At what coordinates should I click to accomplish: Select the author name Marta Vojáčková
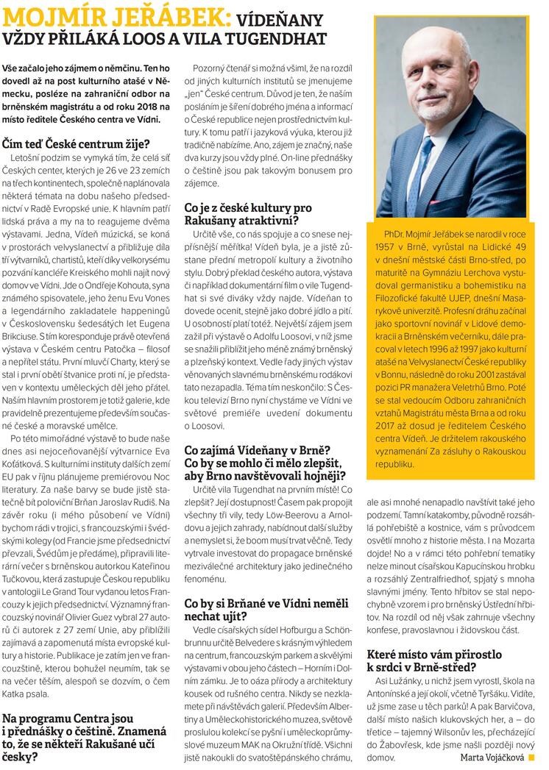point(492,757)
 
